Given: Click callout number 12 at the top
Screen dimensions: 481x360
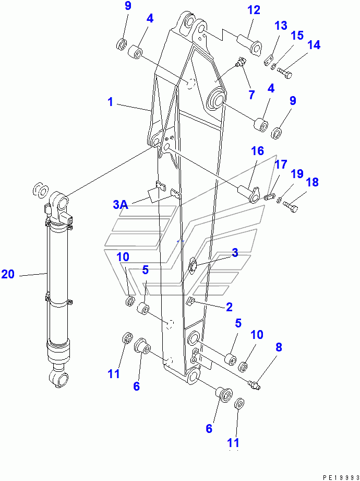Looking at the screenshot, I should (253, 10).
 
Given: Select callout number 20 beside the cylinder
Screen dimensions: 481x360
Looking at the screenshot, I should (8, 274).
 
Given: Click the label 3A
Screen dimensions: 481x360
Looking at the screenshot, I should (121, 205).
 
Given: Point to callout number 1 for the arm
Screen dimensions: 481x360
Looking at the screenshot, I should (110, 102).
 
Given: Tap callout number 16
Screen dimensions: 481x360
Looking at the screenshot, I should (257, 151).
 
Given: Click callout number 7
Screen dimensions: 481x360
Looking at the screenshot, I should (251, 95).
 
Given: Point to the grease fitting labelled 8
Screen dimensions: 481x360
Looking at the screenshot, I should (254, 385).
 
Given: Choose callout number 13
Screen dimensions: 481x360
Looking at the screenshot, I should (281, 26).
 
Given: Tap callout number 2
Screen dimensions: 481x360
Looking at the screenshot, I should (229, 308).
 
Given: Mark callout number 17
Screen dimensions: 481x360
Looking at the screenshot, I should (281, 165).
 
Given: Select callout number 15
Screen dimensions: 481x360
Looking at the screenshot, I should (297, 36).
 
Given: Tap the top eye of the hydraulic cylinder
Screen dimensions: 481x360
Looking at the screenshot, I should (59, 201).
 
